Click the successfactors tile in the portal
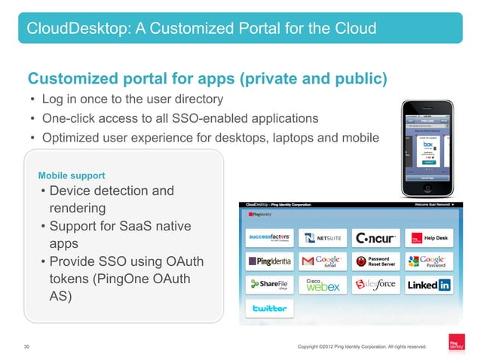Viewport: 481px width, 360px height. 269,239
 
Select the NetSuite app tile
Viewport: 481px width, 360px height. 323,239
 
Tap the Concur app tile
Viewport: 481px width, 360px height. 376,239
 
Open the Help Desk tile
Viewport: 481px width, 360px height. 429,239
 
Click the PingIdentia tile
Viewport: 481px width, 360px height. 269,262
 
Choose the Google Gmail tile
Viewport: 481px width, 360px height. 323,262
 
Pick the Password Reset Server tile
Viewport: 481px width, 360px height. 376,262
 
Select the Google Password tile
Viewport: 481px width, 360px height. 429,262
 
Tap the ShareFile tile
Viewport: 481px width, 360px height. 269,285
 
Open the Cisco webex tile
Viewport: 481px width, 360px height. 323,285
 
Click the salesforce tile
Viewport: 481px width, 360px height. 376,285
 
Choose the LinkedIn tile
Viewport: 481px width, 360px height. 429,285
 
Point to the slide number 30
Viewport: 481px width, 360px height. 27,346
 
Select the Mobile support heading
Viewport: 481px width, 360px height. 72,176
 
